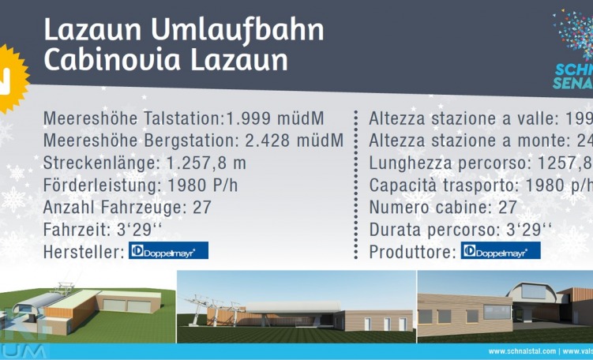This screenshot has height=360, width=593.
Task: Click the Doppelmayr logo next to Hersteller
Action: click(169, 251)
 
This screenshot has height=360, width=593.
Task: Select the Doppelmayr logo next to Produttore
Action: click(501, 251)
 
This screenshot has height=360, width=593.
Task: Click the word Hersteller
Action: click(81, 252)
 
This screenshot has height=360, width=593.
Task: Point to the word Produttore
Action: click(411, 252)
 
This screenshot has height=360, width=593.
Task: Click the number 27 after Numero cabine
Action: click(508, 208)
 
